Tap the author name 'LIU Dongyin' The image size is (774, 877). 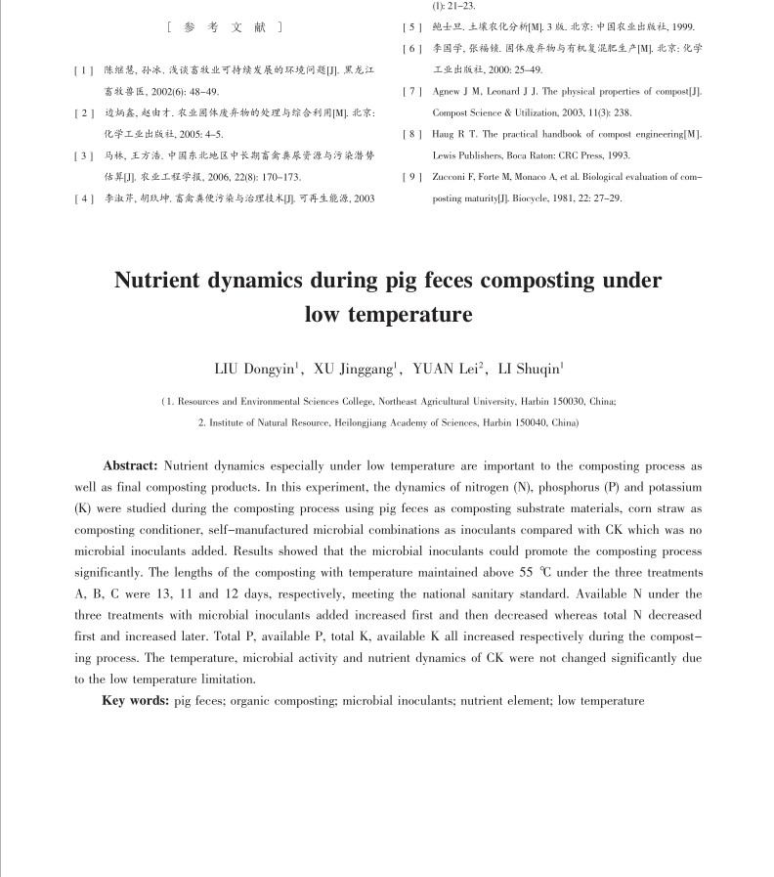click(257, 369)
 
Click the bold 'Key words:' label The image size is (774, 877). click(136, 701)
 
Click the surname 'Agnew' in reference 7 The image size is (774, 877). click(449, 92)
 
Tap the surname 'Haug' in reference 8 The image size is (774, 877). click(446, 134)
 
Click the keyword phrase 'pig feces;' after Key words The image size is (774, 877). click(198, 701)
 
